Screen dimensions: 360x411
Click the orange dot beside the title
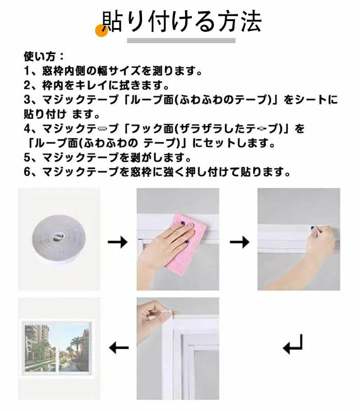coord(101,30)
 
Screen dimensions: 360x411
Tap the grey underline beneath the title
coord(181,41)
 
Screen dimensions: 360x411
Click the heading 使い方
coord(40,56)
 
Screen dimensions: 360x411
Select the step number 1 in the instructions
coord(28,71)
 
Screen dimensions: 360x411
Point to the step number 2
coord(28,85)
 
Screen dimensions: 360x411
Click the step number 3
coord(28,100)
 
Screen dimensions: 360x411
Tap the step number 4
coord(28,128)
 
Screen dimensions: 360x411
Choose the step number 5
coord(28,157)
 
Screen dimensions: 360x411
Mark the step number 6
coord(28,172)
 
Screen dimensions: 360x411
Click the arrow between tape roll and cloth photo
coord(118,241)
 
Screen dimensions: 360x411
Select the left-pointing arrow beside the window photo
coord(119,348)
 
